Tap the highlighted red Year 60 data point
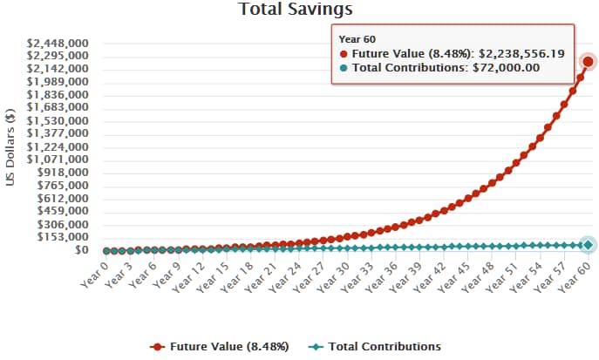point(589,61)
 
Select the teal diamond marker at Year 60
point(589,246)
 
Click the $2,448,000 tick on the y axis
point(61,43)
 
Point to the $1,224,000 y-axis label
point(61,146)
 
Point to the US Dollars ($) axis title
point(11,146)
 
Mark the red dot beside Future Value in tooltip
point(344,54)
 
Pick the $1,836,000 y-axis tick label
point(61,94)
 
